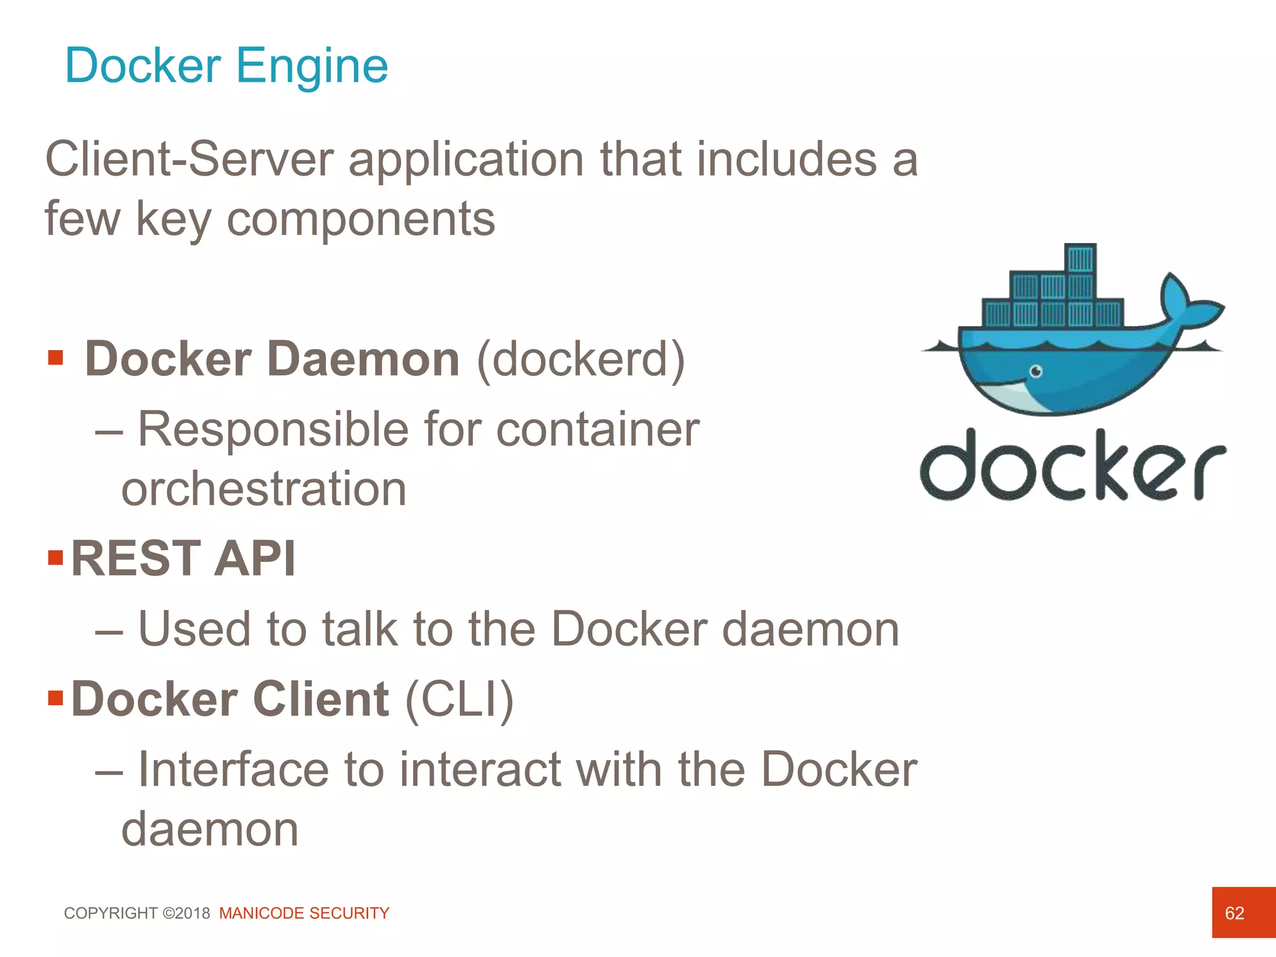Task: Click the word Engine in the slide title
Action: pyautogui.click(x=312, y=66)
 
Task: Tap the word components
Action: pyautogui.click(x=361, y=219)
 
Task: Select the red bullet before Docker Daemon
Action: pyautogui.click(x=55, y=358)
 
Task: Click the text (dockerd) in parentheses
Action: pyautogui.click(x=581, y=360)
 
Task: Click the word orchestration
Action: pyautogui.click(x=264, y=489)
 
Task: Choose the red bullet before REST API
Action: pyautogui.click(x=55, y=556)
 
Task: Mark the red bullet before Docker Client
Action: pyautogui.click(x=55, y=697)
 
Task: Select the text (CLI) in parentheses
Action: pyautogui.click(x=459, y=699)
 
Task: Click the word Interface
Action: pyautogui.click(x=232, y=769)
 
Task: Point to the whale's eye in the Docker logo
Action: pyautogui.click(x=1036, y=372)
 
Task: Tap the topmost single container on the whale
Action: pyautogui.click(x=1080, y=258)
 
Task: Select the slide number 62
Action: pyautogui.click(x=1234, y=913)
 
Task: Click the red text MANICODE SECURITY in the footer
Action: pyautogui.click(x=304, y=913)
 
